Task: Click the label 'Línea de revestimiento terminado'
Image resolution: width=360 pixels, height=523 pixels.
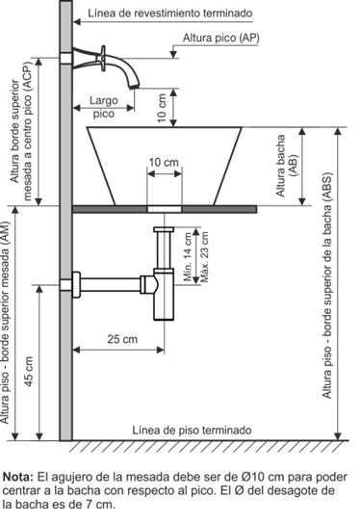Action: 170,13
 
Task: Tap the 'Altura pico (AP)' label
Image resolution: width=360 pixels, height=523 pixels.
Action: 220,38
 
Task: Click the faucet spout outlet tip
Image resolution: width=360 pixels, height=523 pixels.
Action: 135,87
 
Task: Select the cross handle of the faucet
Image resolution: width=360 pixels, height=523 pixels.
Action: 103,59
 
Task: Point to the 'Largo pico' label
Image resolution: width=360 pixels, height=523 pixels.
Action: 104,107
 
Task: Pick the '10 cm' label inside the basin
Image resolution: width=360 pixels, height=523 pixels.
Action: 164,163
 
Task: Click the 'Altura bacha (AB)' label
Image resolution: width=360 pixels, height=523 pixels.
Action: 286,166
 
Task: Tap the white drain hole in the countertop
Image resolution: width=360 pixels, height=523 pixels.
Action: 165,209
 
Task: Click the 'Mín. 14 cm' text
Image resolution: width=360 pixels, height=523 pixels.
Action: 189,257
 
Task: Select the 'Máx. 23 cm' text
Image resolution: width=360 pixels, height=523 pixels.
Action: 205,257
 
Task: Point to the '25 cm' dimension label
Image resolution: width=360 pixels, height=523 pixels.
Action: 122,339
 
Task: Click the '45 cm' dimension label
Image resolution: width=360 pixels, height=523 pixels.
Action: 29,372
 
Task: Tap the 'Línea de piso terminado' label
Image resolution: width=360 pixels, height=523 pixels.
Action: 192,430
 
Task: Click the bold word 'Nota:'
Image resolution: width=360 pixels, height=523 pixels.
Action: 18,477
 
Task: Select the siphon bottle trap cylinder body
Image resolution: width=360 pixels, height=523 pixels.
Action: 164,294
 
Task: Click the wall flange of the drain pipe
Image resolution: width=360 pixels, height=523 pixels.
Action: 76,284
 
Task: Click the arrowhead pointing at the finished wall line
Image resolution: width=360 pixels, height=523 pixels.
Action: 77,22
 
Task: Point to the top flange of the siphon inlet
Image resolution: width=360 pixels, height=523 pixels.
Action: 164,229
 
